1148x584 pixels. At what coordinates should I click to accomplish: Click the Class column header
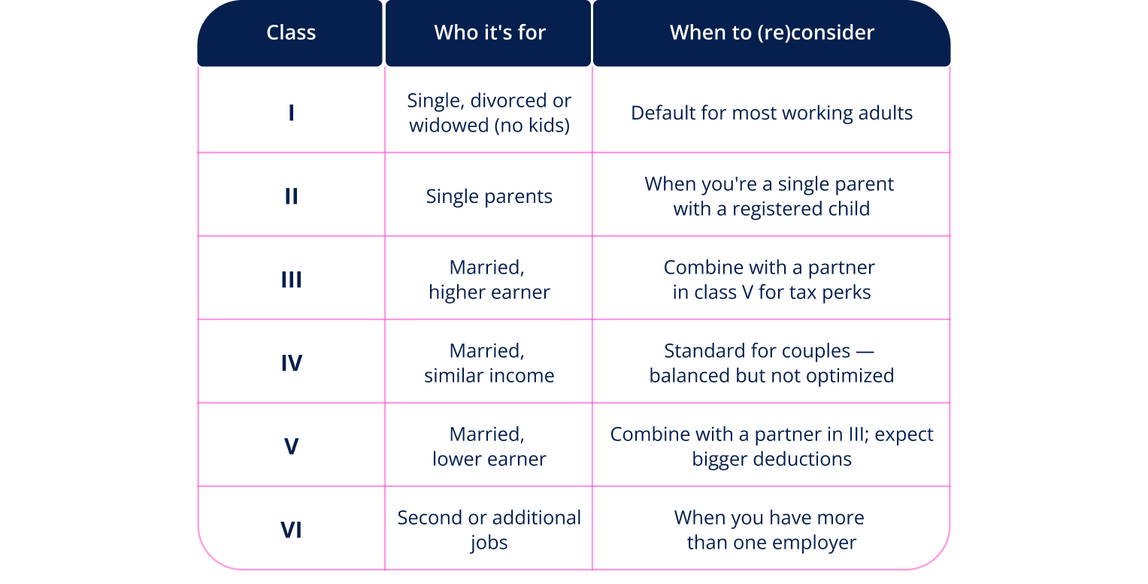point(291,33)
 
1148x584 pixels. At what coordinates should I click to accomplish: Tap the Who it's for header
point(489,33)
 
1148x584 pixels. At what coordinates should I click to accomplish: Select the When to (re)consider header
point(772,33)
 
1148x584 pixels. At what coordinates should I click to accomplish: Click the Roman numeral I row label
point(291,113)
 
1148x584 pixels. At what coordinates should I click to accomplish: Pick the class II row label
point(291,196)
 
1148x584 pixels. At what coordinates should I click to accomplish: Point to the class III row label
point(291,280)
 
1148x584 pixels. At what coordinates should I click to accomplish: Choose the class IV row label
point(291,363)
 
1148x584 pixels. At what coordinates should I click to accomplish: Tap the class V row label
point(291,446)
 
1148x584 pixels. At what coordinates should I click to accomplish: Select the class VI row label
point(291,530)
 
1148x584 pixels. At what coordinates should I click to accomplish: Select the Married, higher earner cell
point(489,280)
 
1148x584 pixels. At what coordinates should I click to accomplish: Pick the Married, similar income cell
point(489,363)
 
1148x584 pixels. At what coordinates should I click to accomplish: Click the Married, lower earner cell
point(489,446)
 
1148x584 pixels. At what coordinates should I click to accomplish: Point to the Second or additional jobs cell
point(489,530)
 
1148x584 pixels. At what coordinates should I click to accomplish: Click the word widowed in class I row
point(447,126)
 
